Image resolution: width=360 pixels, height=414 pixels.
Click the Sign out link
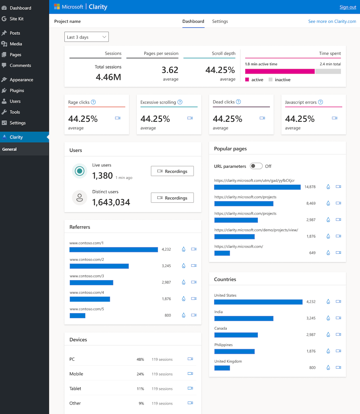[348, 7]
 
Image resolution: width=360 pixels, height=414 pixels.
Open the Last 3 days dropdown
[86, 37]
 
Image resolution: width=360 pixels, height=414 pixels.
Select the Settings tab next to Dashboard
[220, 22]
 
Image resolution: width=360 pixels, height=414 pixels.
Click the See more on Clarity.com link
[332, 22]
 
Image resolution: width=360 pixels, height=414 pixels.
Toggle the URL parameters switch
[256, 166]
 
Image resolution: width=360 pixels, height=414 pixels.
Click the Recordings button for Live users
[172, 171]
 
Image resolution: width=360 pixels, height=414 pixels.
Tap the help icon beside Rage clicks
[93, 102]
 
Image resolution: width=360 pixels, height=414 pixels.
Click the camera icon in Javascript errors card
[334, 118]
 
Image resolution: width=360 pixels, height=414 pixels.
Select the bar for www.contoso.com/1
[113, 249]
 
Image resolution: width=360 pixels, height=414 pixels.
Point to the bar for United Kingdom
[222, 368]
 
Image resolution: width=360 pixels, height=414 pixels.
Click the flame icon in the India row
[328, 318]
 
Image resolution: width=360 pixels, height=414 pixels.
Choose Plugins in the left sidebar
[17, 91]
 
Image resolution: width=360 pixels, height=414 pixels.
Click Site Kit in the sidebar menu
[17, 19]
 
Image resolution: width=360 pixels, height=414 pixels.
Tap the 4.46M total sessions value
[108, 76]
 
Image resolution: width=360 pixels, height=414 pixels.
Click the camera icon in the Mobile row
[190, 374]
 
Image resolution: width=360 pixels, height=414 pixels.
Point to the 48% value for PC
[140, 359]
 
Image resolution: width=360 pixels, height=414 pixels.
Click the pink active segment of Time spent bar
[280, 71]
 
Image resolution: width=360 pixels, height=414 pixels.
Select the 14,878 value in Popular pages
[310, 187]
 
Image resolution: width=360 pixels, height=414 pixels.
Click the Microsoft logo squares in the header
[57, 7]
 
